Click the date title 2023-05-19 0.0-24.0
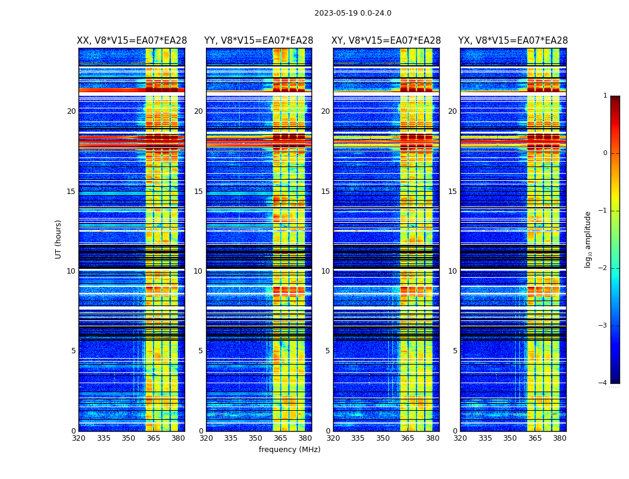click(353, 13)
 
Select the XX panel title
click(132, 41)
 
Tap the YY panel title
click(259, 41)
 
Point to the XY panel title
click(386, 41)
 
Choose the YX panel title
click(513, 41)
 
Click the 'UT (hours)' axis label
click(59, 239)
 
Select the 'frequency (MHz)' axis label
click(289, 450)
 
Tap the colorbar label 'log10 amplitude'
click(588, 239)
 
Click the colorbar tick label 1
click(605, 96)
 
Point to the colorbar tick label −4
click(603, 383)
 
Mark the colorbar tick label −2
click(603, 268)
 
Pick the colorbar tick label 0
click(605, 153)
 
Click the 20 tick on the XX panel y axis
click(71, 111)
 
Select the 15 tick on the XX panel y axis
click(71, 192)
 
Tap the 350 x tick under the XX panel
click(128, 438)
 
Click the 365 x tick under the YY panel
click(280, 438)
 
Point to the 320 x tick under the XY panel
click(334, 438)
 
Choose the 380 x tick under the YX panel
click(560, 438)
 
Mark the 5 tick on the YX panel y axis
click(455, 351)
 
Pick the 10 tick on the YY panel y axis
click(198, 271)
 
